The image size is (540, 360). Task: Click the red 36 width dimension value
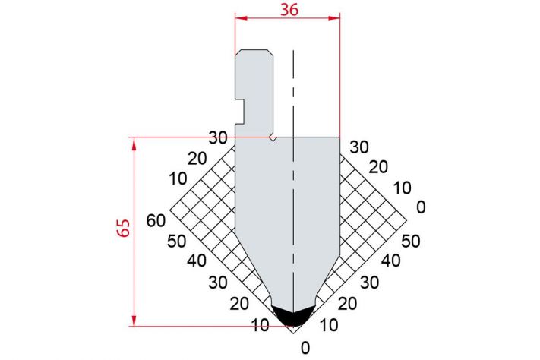(289, 10)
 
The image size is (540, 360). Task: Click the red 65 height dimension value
(124, 228)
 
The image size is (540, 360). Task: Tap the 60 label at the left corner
(156, 220)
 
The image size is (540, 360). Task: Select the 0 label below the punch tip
(305, 349)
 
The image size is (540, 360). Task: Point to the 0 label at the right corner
(421, 207)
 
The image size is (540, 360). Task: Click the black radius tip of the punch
(293, 315)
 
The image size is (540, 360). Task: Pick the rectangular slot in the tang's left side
(240, 112)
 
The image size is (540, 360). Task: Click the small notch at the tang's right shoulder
(273, 138)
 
